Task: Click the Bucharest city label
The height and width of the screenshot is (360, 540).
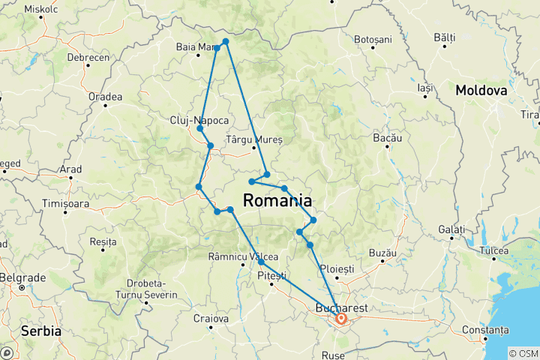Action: (342, 308)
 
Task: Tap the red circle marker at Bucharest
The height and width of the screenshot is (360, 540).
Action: (341, 319)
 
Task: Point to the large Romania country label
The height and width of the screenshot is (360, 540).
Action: (277, 201)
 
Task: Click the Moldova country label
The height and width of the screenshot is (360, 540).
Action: (481, 91)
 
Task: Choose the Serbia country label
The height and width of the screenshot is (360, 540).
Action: (41, 330)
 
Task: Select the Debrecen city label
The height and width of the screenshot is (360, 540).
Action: (87, 57)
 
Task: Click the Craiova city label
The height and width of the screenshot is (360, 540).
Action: (211, 319)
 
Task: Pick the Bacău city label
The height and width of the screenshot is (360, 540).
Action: (388, 139)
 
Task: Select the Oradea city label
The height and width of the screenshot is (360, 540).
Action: (105, 97)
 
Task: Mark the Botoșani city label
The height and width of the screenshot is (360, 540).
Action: (373, 39)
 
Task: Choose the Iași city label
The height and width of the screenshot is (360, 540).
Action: (426, 88)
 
